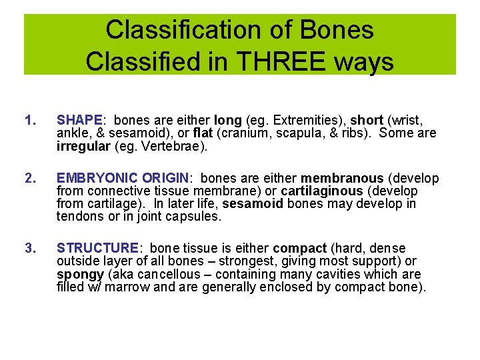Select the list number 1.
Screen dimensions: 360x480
[28, 121]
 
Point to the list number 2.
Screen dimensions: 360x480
[28, 179]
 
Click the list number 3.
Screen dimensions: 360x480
[28, 249]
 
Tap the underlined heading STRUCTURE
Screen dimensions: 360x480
[97, 249]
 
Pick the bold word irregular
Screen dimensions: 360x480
[84, 146]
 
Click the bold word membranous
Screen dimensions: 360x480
[342, 179]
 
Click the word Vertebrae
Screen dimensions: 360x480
[176, 146]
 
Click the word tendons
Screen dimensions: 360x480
[80, 217]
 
